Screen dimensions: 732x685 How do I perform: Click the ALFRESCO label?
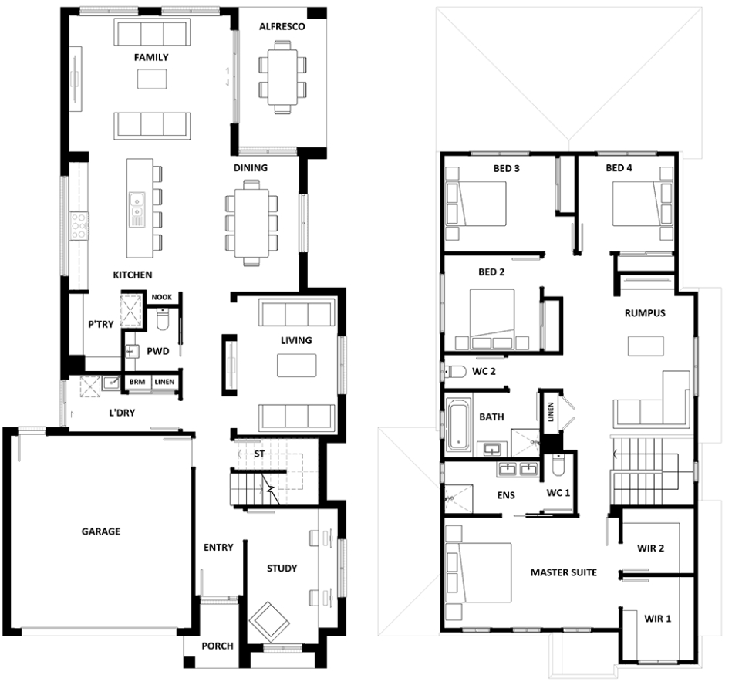pos(282,27)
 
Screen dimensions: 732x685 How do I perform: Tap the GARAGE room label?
pos(101,531)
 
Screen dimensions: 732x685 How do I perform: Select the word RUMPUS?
pos(645,313)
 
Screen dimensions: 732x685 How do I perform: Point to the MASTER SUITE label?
pos(564,572)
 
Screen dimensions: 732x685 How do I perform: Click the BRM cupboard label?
pos(137,382)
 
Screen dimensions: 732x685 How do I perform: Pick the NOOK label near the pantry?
pos(161,297)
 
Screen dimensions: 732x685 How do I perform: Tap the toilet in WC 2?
pos(455,372)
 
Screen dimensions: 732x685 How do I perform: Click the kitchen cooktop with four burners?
pos(79,226)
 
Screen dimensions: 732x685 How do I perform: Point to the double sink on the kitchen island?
pos(137,209)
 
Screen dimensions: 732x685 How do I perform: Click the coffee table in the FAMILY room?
pos(152,79)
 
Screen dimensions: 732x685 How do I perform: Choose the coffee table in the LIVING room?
pos(296,365)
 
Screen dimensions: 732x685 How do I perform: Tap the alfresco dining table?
pos(282,76)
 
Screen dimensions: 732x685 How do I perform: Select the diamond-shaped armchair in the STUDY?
pos(269,622)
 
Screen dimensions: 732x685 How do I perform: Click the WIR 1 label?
pos(657,619)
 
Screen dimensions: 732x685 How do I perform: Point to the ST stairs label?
pos(259,454)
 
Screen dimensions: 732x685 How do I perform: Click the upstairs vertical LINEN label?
pos(551,412)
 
